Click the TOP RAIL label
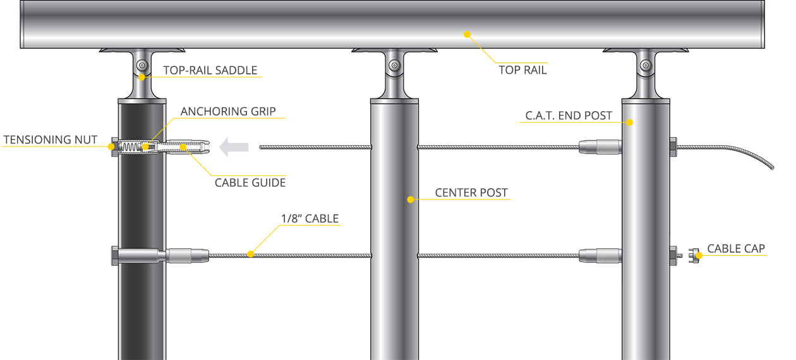[x=522, y=70]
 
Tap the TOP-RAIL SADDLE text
[x=210, y=70]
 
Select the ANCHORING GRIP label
[x=228, y=112]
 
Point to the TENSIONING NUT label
[x=50, y=140]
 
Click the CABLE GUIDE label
[x=250, y=183]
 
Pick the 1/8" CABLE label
[x=310, y=219]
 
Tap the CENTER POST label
[x=471, y=193]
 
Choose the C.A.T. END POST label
[x=569, y=116]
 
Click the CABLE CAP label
[x=736, y=249]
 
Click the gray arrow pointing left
[x=234, y=147]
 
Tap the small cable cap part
[x=694, y=256]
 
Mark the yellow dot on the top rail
[x=467, y=34]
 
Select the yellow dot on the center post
[x=411, y=200]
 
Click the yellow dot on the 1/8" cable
[x=251, y=254]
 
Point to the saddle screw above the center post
[x=394, y=66]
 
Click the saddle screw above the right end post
[x=646, y=66]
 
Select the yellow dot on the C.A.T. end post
[x=629, y=123]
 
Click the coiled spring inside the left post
[x=130, y=147]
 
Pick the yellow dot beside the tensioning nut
[x=111, y=147]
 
